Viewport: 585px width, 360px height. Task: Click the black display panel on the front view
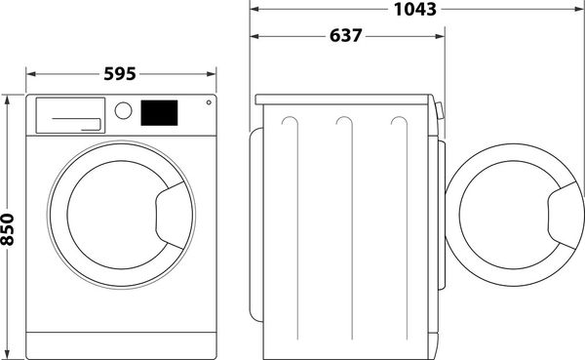point(160,112)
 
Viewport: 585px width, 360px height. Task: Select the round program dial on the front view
point(123,111)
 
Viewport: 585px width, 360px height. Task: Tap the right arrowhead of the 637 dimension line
point(443,36)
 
